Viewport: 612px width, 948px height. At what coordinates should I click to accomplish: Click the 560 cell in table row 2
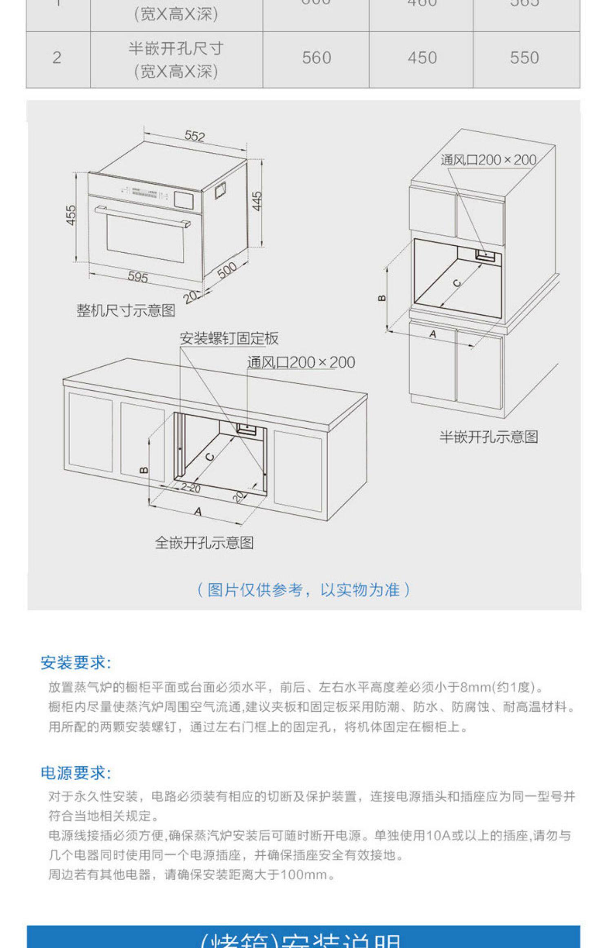pyautogui.click(x=316, y=58)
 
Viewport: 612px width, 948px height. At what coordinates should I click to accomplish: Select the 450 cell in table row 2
pyautogui.click(x=422, y=58)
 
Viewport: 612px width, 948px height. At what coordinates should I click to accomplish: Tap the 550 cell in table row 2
pyautogui.click(x=524, y=58)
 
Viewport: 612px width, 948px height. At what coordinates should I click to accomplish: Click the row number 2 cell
pyautogui.click(x=57, y=58)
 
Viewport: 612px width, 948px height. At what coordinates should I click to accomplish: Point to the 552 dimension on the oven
pyautogui.click(x=195, y=136)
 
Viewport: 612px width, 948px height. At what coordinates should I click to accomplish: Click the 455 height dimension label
pyautogui.click(x=71, y=215)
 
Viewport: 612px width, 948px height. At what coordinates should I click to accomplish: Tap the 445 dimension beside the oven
pyautogui.click(x=257, y=201)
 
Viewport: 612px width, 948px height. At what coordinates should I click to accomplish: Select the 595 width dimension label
pyautogui.click(x=138, y=277)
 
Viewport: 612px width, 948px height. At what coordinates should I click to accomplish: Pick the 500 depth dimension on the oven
pyautogui.click(x=227, y=270)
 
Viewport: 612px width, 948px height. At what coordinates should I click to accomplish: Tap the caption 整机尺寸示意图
pyautogui.click(x=126, y=311)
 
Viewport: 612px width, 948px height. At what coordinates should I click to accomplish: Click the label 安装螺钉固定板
pyautogui.click(x=229, y=338)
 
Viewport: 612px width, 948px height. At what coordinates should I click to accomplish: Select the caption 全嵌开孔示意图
pyautogui.click(x=204, y=543)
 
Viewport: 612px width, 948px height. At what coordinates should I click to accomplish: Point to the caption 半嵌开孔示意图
pyautogui.click(x=488, y=437)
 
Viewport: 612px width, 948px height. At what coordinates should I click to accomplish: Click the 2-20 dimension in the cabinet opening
pyautogui.click(x=191, y=487)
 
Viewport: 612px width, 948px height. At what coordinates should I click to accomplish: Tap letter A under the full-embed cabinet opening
pyautogui.click(x=198, y=511)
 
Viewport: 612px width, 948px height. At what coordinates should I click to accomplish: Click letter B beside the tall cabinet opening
pyautogui.click(x=382, y=298)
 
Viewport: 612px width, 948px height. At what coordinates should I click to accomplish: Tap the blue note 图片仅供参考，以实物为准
pyautogui.click(x=304, y=590)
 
